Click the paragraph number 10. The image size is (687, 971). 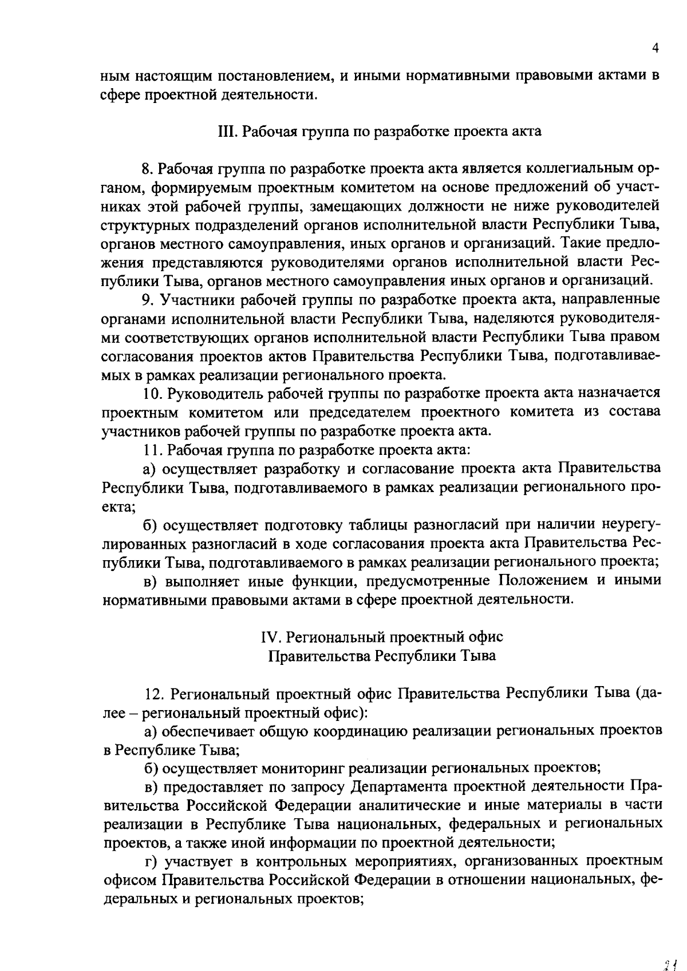pos(150,394)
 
